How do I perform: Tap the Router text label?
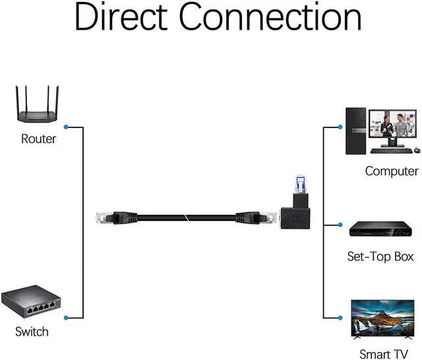pos(39,138)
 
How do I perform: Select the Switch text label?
pos(32,331)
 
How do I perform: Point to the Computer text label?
pos(392,171)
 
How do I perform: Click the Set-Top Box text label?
pos(380,256)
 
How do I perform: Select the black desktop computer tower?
pos(354,132)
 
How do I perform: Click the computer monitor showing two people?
pos(394,127)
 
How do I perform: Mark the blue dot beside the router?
pos(67,126)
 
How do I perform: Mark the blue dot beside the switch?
pos(67,318)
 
